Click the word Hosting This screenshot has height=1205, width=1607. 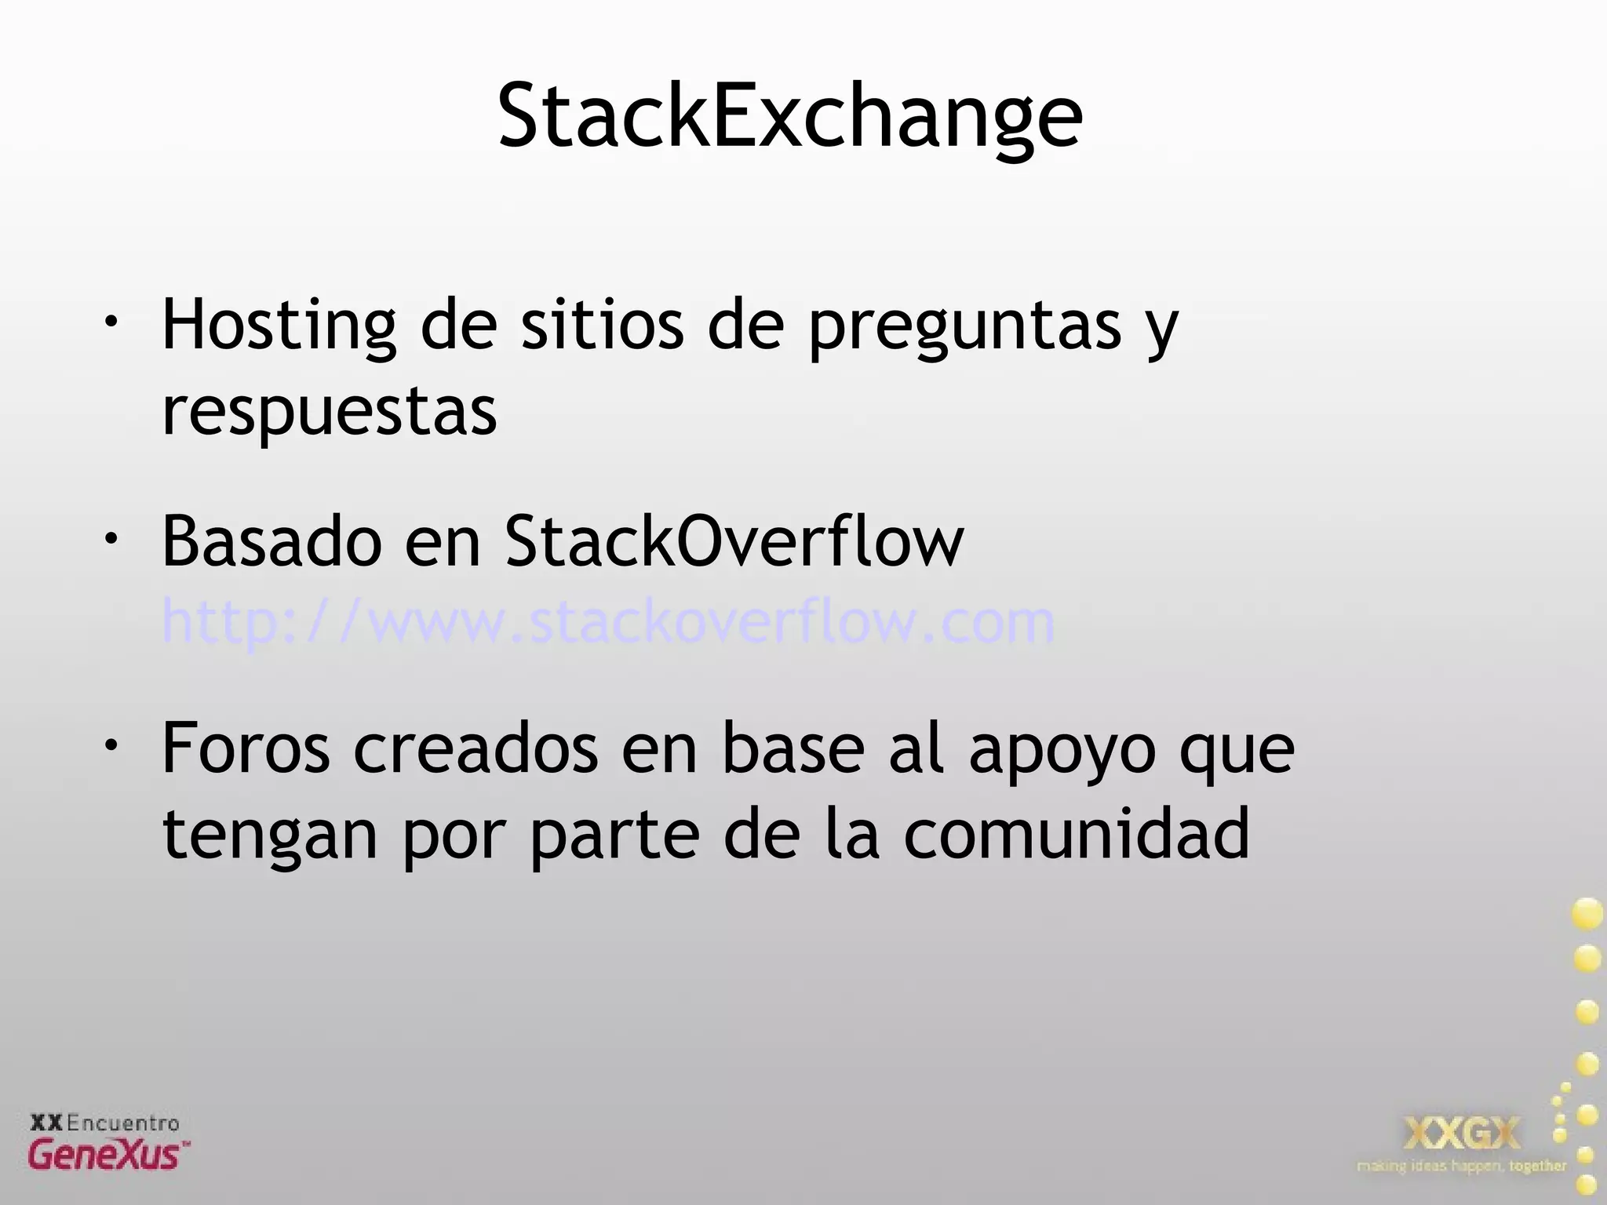tap(279, 326)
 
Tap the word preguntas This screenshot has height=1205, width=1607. tap(965, 326)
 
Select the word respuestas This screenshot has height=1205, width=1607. tap(330, 412)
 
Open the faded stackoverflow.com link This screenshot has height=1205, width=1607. tap(608, 622)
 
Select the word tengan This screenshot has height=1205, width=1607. tap(271, 835)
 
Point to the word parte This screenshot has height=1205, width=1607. tap(614, 835)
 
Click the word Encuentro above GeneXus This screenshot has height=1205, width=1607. tap(122, 1123)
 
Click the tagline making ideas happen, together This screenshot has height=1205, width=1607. tap(1461, 1166)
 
